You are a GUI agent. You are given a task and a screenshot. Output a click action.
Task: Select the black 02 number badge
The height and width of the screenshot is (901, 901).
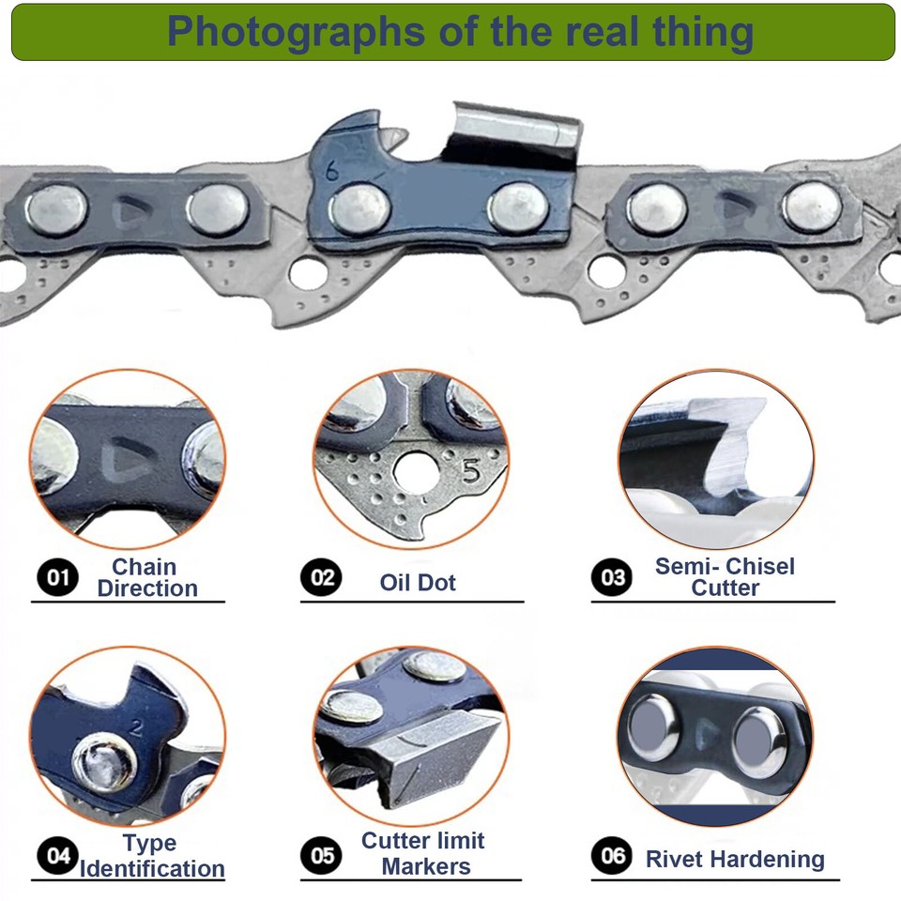tap(322, 576)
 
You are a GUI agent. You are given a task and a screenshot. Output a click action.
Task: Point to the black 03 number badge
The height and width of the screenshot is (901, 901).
tap(612, 576)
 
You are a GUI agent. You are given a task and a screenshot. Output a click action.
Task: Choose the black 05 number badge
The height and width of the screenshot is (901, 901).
tap(322, 855)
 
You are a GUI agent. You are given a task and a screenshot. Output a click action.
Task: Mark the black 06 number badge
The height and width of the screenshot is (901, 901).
tap(612, 855)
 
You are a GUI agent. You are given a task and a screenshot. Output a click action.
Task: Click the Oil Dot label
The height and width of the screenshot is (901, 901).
tap(418, 582)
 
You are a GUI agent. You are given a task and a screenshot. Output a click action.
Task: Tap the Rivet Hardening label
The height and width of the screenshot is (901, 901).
tap(735, 858)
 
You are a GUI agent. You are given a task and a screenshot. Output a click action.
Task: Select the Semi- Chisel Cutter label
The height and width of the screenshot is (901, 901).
tap(725, 577)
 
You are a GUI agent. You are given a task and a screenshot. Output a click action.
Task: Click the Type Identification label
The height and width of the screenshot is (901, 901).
tap(151, 856)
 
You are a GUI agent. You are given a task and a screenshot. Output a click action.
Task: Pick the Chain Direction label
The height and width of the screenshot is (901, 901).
tap(146, 577)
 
